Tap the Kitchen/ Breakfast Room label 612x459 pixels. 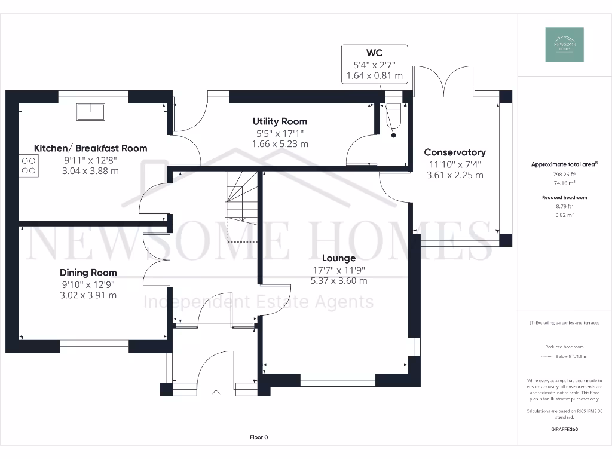point(90,148)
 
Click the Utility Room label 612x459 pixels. point(280,121)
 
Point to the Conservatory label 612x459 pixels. point(454,152)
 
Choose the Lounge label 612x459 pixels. point(339,258)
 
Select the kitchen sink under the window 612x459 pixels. point(90,111)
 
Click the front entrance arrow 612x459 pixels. point(216,393)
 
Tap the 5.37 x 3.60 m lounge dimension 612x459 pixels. point(339,281)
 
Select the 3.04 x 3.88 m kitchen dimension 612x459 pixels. point(90,171)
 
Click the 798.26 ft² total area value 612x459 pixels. point(564,176)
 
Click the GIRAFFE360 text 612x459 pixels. point(564,429)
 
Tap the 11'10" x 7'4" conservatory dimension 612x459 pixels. point(454,164)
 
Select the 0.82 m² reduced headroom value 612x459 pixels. point(564,215)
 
